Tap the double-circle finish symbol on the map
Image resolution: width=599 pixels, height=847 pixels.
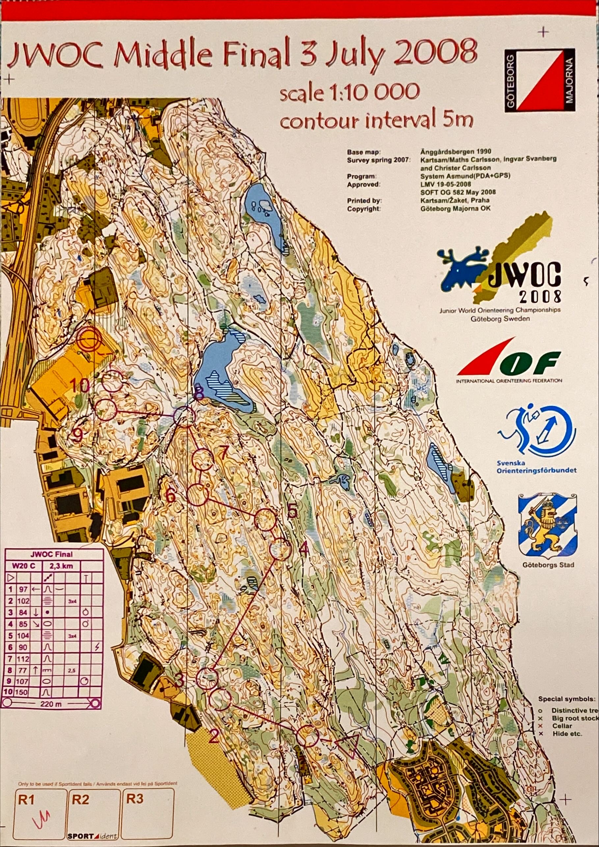click(90, 340)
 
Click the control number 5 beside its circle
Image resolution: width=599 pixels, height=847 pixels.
click(291, 511)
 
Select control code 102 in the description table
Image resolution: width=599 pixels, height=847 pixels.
click(23, 601)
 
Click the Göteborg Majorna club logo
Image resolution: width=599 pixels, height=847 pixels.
click(540, 80)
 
